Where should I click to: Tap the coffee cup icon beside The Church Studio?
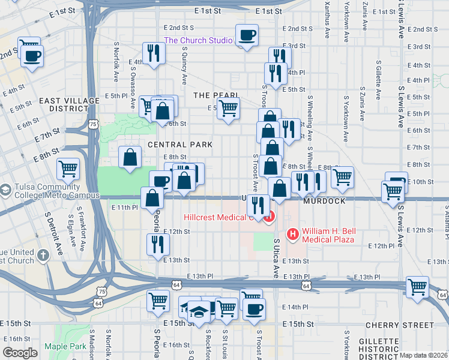coord(247,35)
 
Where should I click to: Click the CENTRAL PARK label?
coord(180,145)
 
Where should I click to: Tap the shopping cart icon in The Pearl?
coord(228,109)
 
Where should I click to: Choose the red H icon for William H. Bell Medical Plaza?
coord(294,233)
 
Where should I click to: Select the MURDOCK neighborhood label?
coord(324,201)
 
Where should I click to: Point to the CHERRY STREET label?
coord(399,325)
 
